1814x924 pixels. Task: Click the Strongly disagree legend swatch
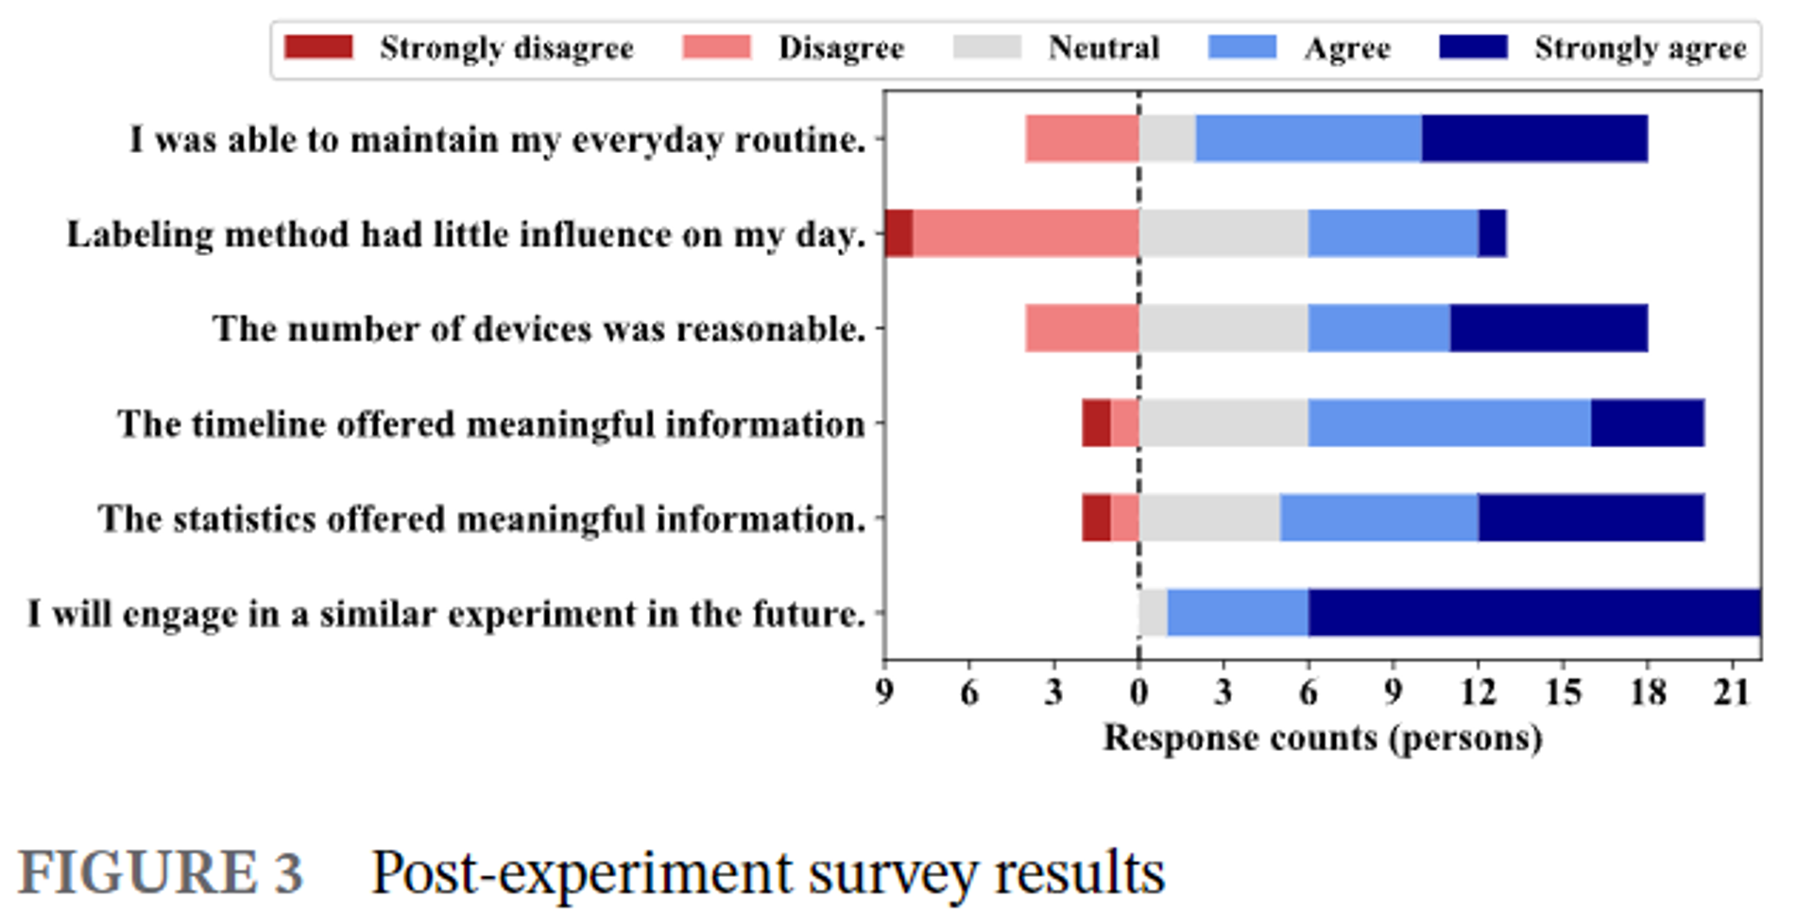tap(318, 47)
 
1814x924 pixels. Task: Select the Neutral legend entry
tap(1103, 47)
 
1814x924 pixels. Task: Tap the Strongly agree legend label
tap(1640, 47)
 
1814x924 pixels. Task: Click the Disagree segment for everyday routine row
tap(1082, 139)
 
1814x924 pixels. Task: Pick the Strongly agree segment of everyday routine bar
tap(1534, 139)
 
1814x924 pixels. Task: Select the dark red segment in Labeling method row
tap(898, 233)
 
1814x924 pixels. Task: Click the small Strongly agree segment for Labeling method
tap(1492, 233)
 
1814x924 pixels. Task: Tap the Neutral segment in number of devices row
tap(1224, 328)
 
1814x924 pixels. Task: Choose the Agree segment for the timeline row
tap(1449, 422)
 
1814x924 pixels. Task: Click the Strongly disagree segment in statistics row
tap(1096, 518)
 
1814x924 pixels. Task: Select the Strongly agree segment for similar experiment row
tap(1534, 612)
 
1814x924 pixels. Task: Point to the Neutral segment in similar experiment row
tap(1153, 612)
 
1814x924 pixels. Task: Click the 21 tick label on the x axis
tap(1732, 693)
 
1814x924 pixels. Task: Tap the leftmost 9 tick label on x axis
tap(884, 693)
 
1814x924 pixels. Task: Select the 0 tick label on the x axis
tap(1138, 693)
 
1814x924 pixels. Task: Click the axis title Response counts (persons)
tap(1323, 738)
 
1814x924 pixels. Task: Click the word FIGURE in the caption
tap(136, 871)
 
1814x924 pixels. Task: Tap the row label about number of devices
tap(539, 329)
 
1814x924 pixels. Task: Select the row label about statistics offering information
tap(482, 519)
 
